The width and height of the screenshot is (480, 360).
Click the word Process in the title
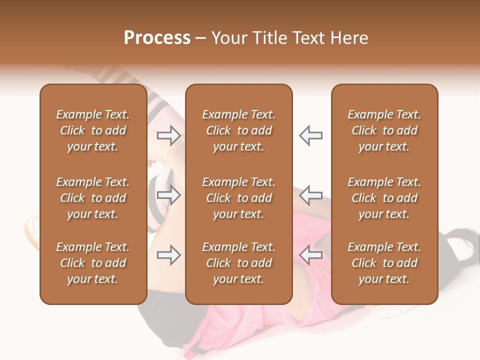click(x=157, y=38)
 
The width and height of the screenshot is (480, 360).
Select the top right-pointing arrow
click(x=168, y=135)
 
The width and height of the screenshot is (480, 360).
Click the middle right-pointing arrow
click(x=168, y=195)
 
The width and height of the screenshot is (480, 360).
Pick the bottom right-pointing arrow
click(x=168, y=255)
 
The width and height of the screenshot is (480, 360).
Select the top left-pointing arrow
click(x=311, y=135)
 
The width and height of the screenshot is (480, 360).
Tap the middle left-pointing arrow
click(x=311, y=195)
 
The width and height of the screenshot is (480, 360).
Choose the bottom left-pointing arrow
click(x=311, y=255)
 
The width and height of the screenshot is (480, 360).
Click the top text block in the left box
click(x=93, y=130)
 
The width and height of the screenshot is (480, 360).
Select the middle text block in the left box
click(x=93, y=198)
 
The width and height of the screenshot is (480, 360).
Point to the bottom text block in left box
click(x=93, y=263)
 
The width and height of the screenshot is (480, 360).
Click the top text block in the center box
click(x=238, y=130)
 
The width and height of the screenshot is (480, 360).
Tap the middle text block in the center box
click(x=238, y=198)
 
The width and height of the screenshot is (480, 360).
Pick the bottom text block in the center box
click(x=238, y=263)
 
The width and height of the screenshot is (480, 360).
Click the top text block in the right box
click(x=384, y=130)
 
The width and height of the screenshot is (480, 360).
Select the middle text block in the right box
click(x=384, y=198)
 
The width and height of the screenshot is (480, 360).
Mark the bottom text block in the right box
click(x=384, y=263)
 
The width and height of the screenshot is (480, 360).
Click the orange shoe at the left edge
click(x=32, y=233)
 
